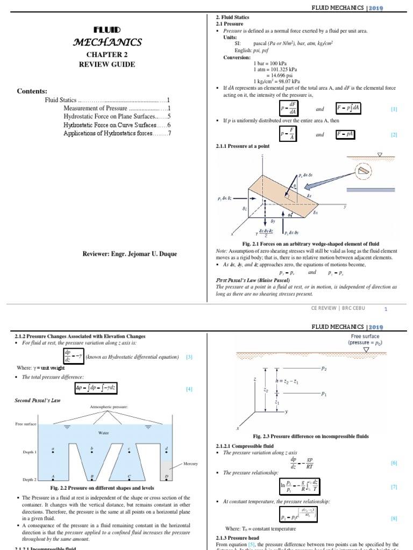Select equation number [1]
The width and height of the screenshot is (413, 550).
click(x=394, y=109)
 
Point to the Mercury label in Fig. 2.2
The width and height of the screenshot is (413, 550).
click(x=191, y=464)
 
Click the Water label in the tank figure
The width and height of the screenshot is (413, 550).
click(x=103, y=432)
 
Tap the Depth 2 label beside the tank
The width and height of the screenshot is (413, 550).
click(x=29, y=479)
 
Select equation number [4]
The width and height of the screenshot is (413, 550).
click(x=189, y=389)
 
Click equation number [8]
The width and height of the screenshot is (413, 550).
click(x=394, y=519)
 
